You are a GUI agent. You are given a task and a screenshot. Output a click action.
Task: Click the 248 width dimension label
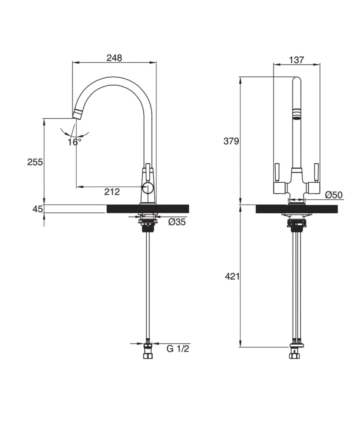(x=114, y=58)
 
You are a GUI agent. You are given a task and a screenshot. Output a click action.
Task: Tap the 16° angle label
(x=74, y=142)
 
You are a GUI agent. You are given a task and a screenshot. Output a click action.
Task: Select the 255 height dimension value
(x=35, y=162)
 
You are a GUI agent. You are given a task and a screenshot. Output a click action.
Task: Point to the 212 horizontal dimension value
(x=112, y=192)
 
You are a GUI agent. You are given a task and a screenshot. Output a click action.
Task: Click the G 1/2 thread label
(x=177, y=349)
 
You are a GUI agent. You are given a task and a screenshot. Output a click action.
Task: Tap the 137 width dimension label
(x=296, y=60)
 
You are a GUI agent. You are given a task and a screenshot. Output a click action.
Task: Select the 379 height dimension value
(x=232, y=141)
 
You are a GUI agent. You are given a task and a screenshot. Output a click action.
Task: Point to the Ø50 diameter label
(x=334, y=195)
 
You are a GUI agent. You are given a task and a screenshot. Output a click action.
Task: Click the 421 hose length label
(x=232, y=277)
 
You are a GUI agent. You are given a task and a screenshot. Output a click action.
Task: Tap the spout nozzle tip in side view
(x=78, y=113)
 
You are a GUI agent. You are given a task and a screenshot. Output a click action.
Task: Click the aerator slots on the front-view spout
(x=297, y=113)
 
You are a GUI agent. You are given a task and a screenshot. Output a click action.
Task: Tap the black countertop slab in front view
(x=296, y=209)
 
